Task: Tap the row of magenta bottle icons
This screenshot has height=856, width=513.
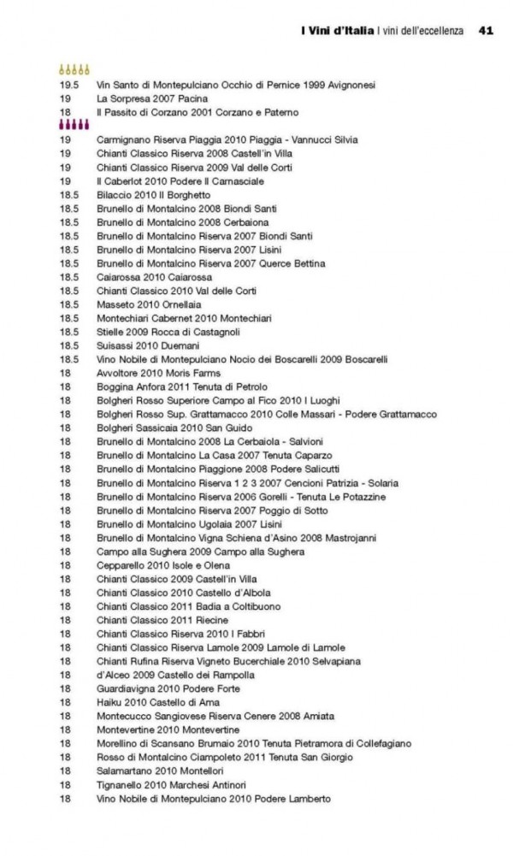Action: (x=74, y=126)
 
